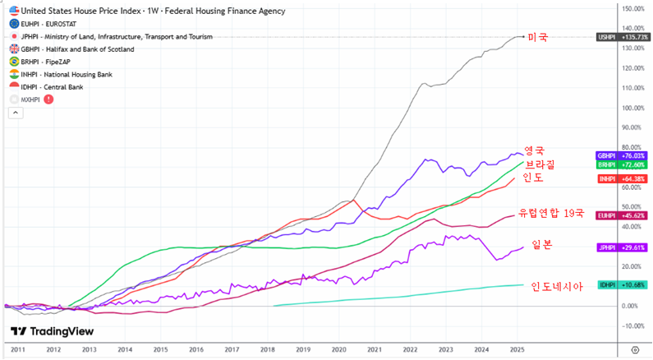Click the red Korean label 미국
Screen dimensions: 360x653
538,38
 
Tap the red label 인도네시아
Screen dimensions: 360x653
556,286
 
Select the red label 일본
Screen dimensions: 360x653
542,244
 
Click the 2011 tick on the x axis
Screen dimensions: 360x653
18,349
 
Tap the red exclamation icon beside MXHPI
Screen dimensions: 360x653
48,99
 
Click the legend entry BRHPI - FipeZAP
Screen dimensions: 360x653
57,62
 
